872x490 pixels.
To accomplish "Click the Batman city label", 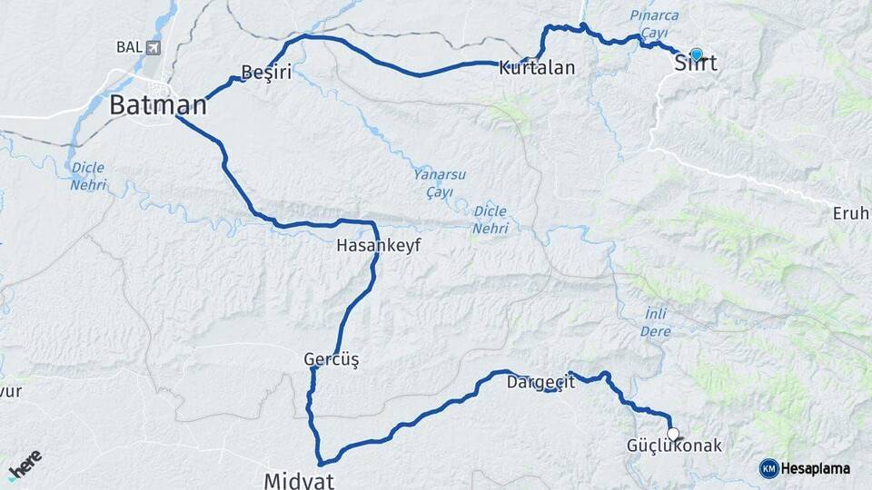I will coord(158,105).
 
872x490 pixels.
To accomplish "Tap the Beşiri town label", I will coord(266,73).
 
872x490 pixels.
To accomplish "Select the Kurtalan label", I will coord(537,67).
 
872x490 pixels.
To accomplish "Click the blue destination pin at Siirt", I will coord(697,54).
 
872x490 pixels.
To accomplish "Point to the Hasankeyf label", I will coord(379,245).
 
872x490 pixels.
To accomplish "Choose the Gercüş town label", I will coord(332,360).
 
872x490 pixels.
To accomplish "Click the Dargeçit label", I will coord(541,382).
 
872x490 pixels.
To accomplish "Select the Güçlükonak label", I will coord(674,446).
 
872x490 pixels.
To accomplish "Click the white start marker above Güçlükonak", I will coord(673,433).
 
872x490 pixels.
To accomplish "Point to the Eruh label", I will coord(851,214).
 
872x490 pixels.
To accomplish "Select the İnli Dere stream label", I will coord(656,322).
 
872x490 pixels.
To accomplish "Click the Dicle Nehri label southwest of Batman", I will coord(88,176).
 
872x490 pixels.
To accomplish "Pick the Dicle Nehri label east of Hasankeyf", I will coord(490,220).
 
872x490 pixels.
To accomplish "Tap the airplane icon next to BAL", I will coord(152,47).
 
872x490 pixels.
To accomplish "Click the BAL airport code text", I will coord(128,47).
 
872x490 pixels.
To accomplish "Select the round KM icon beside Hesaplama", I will coord(768,468).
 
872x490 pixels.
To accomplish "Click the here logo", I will coord(25,465).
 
